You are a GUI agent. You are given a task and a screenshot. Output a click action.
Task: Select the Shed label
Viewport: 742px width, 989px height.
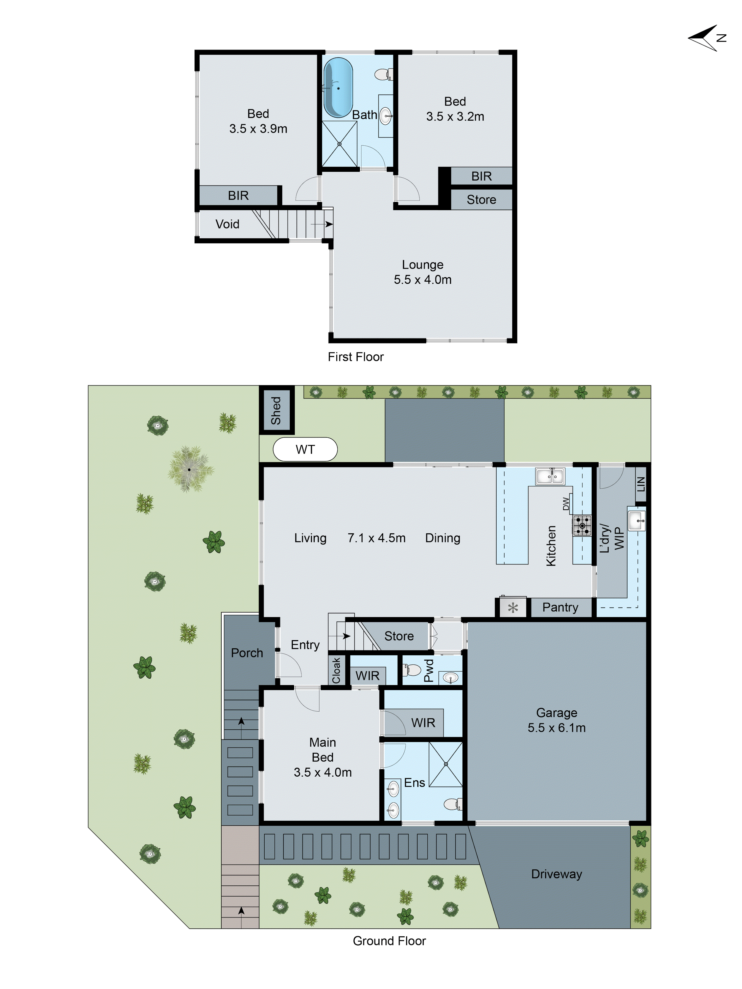pos(276,410)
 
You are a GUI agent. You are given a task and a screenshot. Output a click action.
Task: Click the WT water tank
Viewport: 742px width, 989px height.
pos(305,449)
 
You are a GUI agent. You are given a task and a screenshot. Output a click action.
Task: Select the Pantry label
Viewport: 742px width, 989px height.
pos(560,607)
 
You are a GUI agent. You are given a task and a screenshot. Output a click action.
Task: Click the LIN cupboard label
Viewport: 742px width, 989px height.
pos(641,484)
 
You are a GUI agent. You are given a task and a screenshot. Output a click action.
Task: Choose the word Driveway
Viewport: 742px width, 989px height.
pos(556,874)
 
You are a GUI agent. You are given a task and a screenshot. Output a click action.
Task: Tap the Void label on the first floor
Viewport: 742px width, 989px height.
pos(227,224)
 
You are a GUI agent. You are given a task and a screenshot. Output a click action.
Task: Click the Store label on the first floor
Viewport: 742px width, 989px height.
pos(481,200)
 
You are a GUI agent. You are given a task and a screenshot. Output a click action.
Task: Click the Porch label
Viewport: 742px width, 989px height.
pos(247,653)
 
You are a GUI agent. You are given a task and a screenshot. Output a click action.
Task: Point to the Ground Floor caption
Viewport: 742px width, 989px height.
pos(389,941)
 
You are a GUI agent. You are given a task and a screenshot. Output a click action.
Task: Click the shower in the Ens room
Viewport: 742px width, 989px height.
pos(445,764)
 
